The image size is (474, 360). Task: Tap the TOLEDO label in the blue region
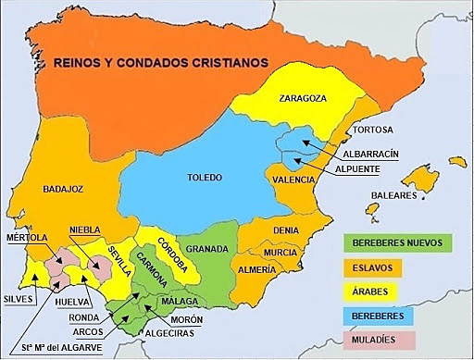(205, 177)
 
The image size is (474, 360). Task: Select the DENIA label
(284, 230)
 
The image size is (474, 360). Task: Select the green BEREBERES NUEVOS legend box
(399, 243)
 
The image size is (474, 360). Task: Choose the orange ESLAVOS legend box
(399, 267)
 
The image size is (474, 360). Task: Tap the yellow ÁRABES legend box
(399, 292)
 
